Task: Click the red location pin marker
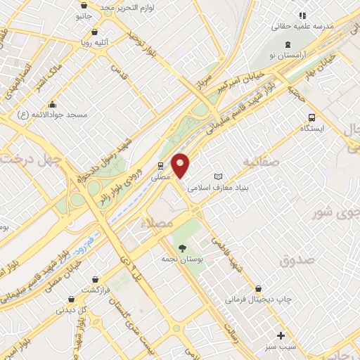[x=181, y=166]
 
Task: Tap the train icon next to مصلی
[x=161, y=166]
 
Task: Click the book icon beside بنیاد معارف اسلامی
[x=218, y=176]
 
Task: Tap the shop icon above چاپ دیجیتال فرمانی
[x=259, y=288]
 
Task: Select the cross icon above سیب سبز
[x=281, y=335]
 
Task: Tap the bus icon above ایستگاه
[x=311, y=118]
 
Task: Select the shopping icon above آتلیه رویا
[x=95, y=32]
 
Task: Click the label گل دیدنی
[x=72, y=309]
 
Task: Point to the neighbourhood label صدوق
[x=293, y=262]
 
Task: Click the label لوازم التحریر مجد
[x=136, y=8]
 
